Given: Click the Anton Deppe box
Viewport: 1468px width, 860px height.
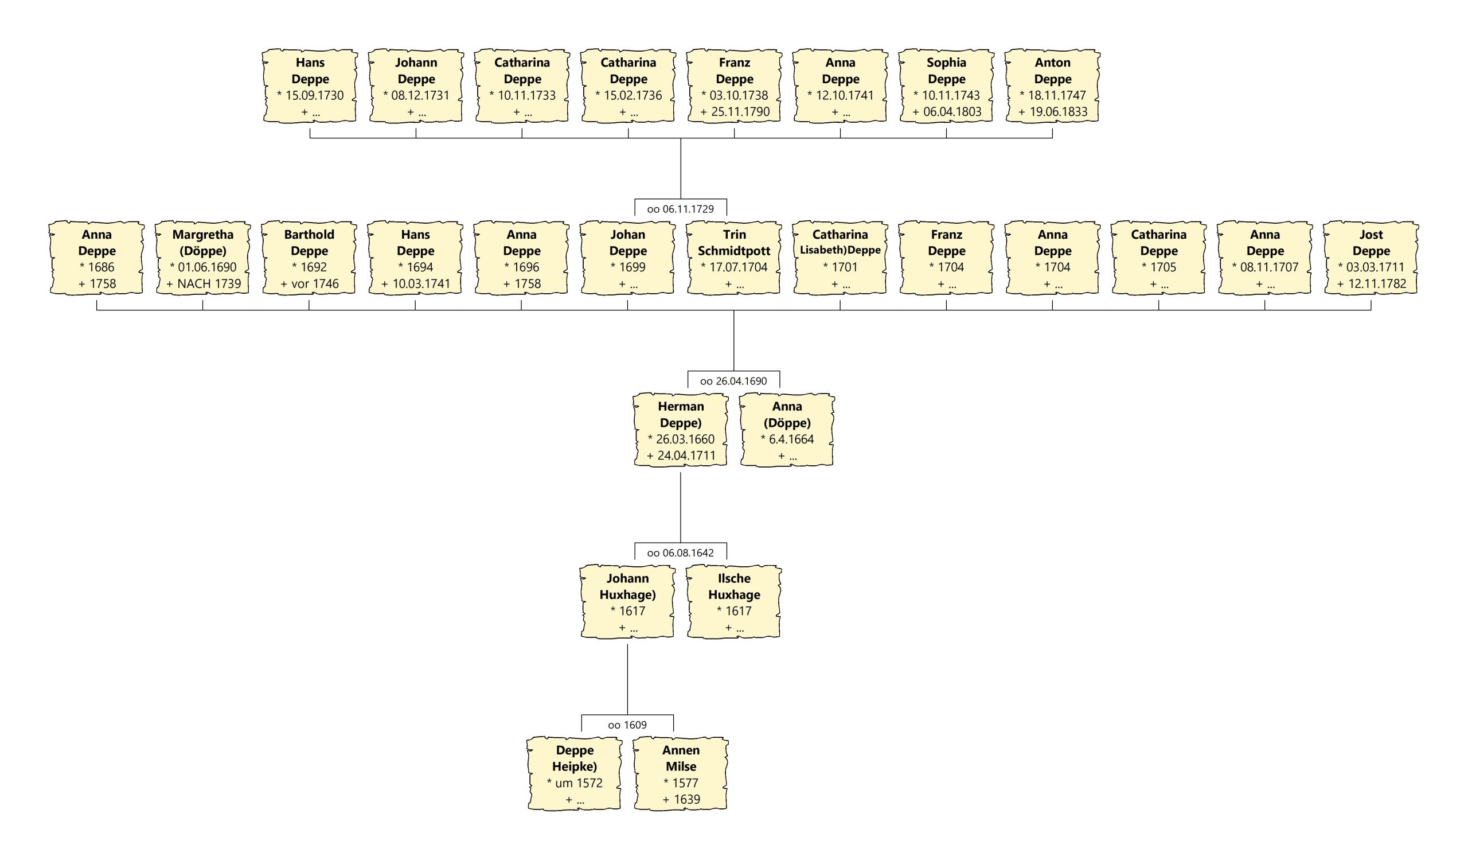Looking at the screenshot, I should [x=1052, y=86].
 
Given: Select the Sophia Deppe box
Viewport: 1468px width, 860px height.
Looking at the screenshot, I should [x=946, y=86].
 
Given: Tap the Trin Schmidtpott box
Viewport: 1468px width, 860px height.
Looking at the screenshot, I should [x=734, y=258].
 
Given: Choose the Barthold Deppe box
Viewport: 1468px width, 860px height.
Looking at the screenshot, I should [x=309, y=258].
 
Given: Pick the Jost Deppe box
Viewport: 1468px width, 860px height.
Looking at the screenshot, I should [x=1371, y=258].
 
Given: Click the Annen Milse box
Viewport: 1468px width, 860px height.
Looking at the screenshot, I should [x=681, y=774].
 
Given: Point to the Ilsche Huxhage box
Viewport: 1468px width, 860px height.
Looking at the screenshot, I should [x=734, y=602].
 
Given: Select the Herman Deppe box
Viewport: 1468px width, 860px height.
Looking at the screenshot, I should [x=681, y=430].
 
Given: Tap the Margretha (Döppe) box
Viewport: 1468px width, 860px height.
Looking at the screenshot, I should [x=203, y=258].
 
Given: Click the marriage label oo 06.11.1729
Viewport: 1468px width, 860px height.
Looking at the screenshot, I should [x=681, y=209].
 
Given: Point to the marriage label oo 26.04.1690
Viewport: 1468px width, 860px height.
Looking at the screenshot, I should [x=733, y=381].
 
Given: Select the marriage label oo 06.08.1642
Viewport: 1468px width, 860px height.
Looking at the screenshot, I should [x=681, y=553].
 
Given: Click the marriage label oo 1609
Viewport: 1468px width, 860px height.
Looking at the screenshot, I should [x=627, y=725].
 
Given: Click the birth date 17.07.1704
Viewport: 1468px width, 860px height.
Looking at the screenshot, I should [x=738, y=267].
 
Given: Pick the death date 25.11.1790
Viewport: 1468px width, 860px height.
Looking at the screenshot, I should [x=740, y=112].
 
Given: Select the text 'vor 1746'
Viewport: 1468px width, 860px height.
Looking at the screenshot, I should [x=315, y=284].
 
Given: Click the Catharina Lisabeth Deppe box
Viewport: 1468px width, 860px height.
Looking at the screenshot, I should [x=840, y=258].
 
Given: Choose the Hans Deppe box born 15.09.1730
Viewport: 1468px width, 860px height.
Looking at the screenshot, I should [x=310, y=86].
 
